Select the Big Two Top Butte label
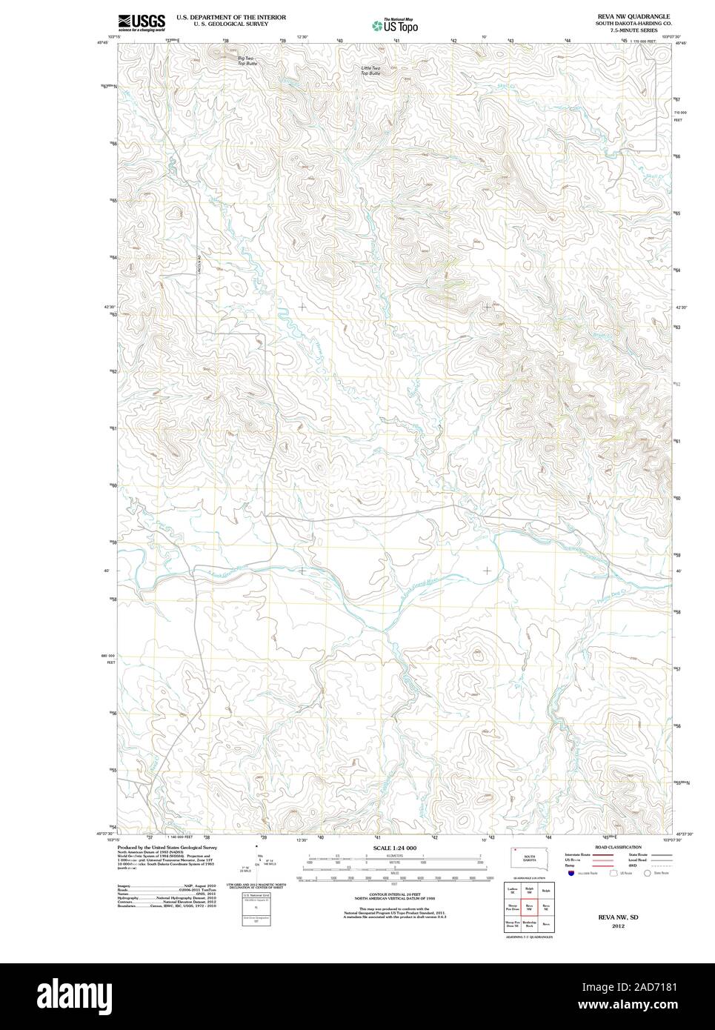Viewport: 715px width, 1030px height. [x=245, y=60]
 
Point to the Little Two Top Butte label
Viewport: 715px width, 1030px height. [x=370, y=71]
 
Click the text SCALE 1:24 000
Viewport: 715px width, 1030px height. [x=395, y=848]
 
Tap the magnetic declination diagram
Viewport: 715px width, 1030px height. [x=256, y=863]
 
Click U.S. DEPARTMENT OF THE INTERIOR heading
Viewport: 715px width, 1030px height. [x=230, y=16]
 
